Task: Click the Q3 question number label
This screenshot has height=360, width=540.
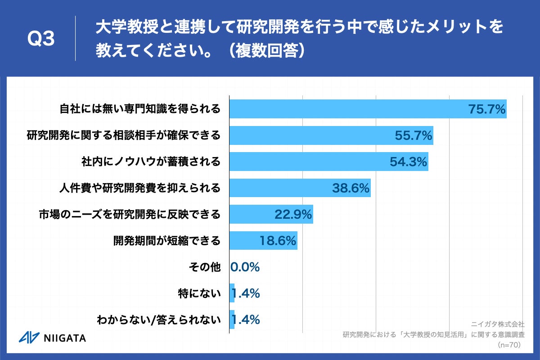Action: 41,39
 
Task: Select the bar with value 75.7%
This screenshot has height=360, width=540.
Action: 368,109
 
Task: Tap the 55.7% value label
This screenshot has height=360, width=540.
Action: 413,135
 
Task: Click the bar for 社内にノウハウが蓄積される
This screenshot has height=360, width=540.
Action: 328,162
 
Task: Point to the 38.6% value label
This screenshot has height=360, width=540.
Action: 351,188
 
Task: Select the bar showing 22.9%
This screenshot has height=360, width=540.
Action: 271,215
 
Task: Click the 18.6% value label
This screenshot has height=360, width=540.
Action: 278,241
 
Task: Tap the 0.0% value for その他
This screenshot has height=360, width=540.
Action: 245,267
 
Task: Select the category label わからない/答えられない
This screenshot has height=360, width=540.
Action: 159,320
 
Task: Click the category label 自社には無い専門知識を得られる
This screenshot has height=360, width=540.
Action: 140,109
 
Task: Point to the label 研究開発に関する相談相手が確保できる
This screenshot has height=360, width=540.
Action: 124,135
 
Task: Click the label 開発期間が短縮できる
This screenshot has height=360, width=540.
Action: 166,241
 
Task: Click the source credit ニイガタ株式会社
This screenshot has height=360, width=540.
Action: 498,324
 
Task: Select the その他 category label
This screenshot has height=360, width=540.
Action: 205,267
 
